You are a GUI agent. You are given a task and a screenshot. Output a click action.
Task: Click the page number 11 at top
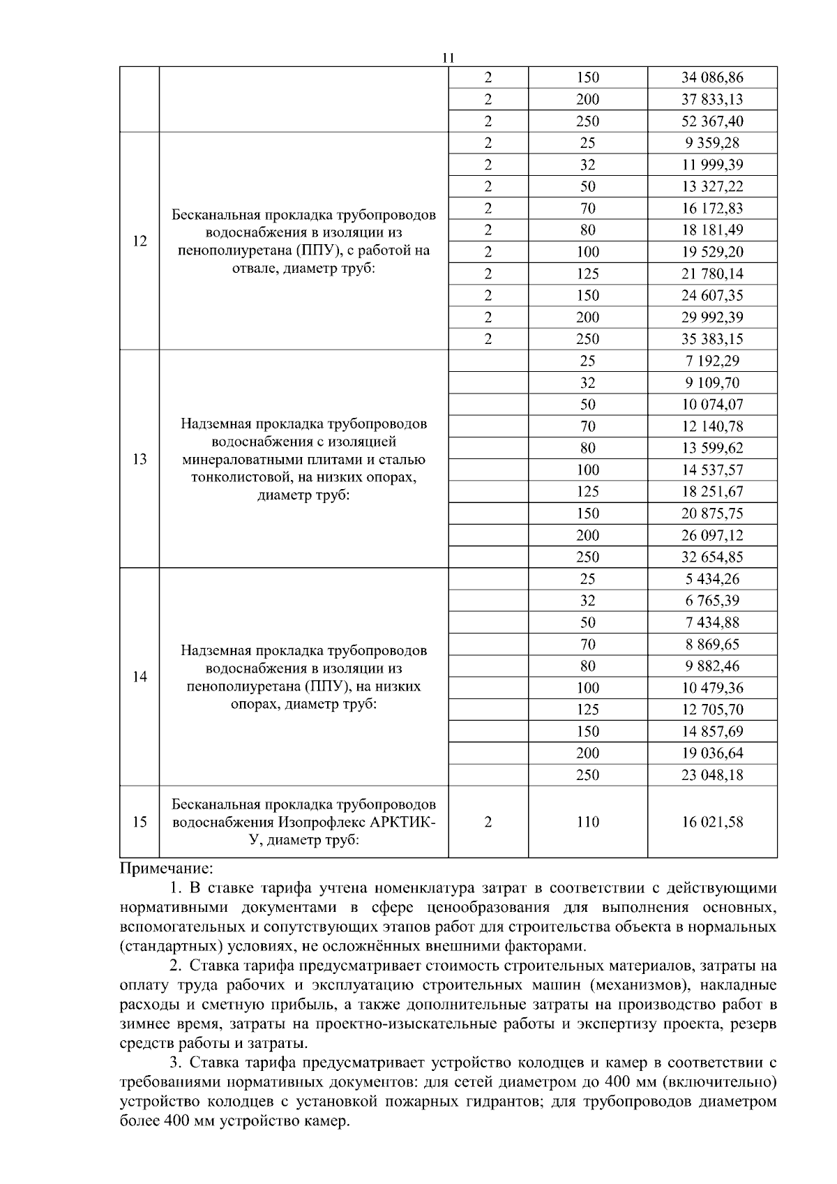pyautogui.click(x=448, y=57)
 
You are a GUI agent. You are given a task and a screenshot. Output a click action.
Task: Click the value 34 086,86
pyautogui.click(x=712, y=77)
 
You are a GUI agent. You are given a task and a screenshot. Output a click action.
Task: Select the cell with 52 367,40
pyautogui.click(x=712, y=121)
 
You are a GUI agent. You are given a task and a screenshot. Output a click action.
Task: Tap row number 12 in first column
pyautogui.click(x=139, y=241)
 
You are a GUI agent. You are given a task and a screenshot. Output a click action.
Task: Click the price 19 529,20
pyautogui.click(x=712, y=252)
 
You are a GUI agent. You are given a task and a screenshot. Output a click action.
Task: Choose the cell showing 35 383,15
pyautogui.click(x=712, y=339)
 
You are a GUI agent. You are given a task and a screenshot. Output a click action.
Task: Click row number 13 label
pyautogui.click(x=139, y=459)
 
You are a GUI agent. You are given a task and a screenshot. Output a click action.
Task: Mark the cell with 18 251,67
pyautogui.click(x=712, y=492)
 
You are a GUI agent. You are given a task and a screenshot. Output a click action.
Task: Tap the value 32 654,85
pyautogui.click(x=712, y=557)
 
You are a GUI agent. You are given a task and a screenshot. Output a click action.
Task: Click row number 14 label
pyautogui.click(x=139, y=677)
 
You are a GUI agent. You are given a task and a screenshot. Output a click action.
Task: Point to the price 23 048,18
pyautogui.click(x=712, y=775)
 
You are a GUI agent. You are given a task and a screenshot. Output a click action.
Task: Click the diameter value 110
pyautogui.click(x=587, y=822)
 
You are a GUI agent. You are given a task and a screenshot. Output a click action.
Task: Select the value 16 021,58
pyautogui.click(x=712, y=822)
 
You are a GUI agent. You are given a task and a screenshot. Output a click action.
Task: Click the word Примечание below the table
pyautogui.click(x=166, y=869)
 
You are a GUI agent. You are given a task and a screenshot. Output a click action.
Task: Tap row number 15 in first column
pyautogui.click(x=139, y=822)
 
